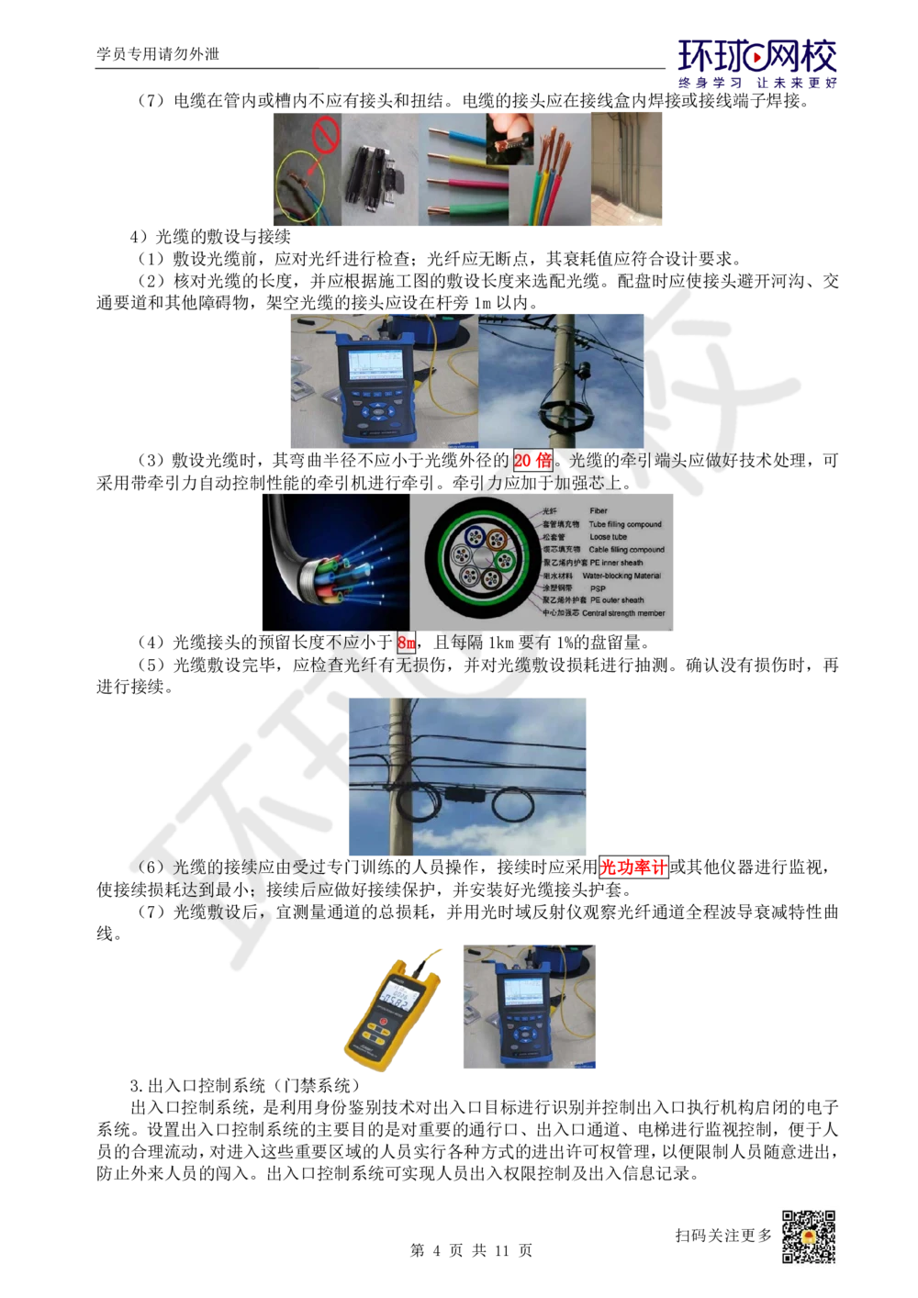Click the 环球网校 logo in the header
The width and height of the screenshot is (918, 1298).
pyautogui.click(x=756, y=56)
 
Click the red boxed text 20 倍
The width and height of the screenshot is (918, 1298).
pyautogui.click(x=533, y=460)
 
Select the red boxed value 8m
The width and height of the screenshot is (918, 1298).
pyautogui.click(x=407, y=643)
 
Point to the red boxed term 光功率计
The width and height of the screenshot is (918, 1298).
pyautogui.click(x=633, y=867)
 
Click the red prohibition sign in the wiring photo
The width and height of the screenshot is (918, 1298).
pyautogui.click(x=325, y=136)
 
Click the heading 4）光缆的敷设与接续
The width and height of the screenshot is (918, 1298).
pyautogui.click(x=210, y=237)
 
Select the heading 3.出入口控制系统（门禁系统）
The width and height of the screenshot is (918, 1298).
pyautogui.click(x=245, y=1085)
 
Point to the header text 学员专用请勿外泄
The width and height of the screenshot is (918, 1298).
pyautogui.click(x=158, y=54)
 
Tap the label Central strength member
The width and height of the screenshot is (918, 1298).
pyautogui.click(x=623, y=612)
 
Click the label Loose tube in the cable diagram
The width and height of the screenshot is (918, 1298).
pyautogui.click(x=608, y=537)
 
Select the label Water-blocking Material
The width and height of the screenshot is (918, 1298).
pyautogui.click(x=621, y=576)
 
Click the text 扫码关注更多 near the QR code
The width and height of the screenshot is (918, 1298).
pyautogui.click(x=724, y=1236)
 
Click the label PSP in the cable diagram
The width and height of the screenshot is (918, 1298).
pyautogui.click(x=598, y=588)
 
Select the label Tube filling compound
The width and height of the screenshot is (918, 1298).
pyautogui.click(x=625, y=524)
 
